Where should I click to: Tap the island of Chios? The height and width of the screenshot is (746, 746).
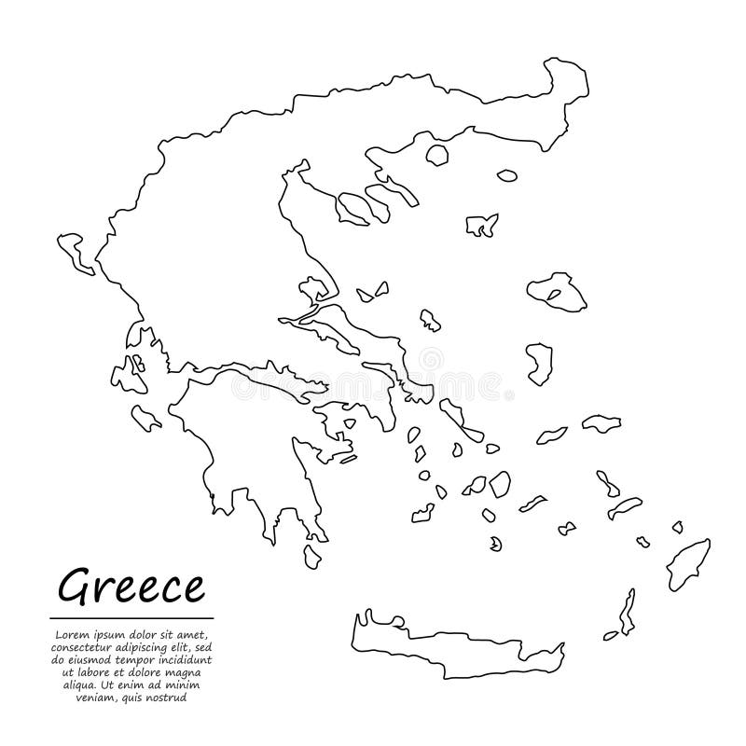coord(539,364)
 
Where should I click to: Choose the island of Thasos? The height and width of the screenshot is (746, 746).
coord(436,156)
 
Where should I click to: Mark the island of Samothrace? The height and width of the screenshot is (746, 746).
coord(506,174)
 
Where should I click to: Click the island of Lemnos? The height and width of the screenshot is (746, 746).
coord(481,225)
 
